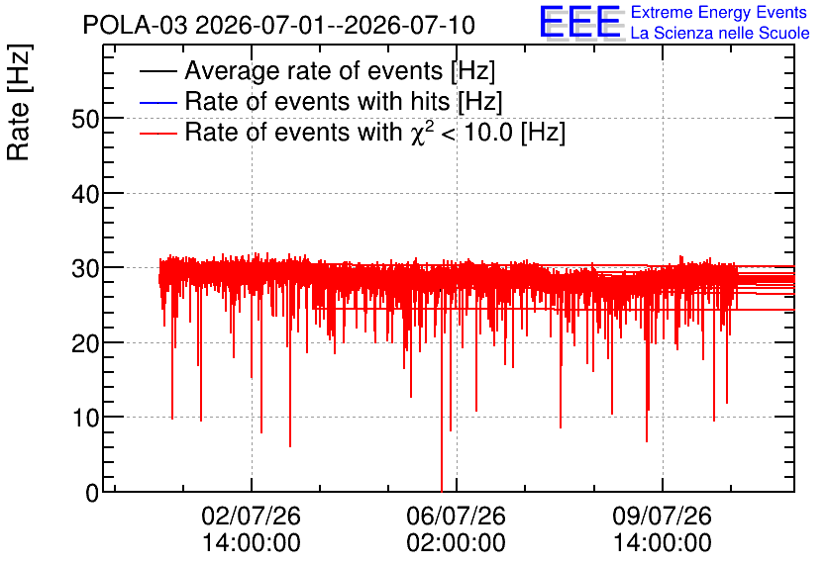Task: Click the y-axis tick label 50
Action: pyautogui.click(x=85, y=120)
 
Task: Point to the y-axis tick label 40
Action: pyautogui.click(x=85, y=195)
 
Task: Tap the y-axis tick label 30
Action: pyautogui.click(x=85, y=269)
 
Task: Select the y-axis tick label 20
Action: pyautogui.click(x=85, y=344)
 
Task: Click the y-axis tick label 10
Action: pyautogui.click(x=85, y=419)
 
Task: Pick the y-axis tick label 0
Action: pyautogui.click(x=92, y=494)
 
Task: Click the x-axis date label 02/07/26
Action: pyautogui.click(x=251, y=516)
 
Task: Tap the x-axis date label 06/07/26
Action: pyautogui.click(x=457, y=516)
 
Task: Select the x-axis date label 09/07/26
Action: pyautogui.click(x=663, y=516)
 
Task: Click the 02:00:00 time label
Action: pyautogui.click(x=457, y=543)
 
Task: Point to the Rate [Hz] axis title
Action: pyautogui.click(x=19, y=102)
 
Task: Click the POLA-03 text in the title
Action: pyautogui.click(x=135, y=25)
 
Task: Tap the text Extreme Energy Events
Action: pyautogui.click(x=719, y=12)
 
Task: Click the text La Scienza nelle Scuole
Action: pyautogui.click(x=720, y=33)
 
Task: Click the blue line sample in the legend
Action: pyautogui.click(x=157, y=102)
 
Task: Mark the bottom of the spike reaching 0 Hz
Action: pyautogui.click(x=442, y=491)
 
